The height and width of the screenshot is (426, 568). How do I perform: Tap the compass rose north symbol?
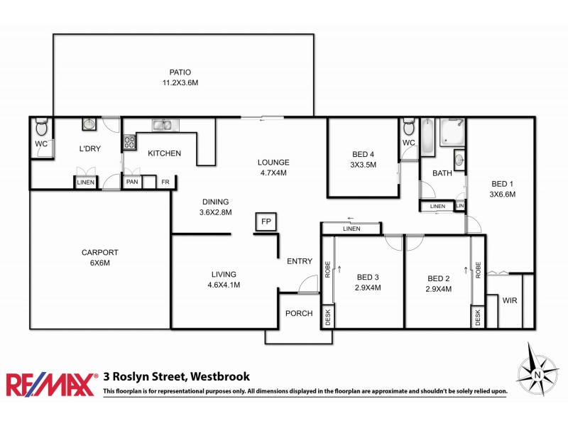click(538, 373)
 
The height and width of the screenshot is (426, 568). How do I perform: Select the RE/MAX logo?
click(50, 384)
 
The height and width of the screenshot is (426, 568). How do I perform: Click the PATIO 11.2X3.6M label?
click(180, 77)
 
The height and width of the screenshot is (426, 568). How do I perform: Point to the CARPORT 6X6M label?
click(99, 257)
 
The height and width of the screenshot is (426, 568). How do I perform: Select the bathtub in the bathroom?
click(427, 138)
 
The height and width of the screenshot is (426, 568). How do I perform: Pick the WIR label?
click(510, 300)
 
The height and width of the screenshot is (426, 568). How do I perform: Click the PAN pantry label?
click(132, 182)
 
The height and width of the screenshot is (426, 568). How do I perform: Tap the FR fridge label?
click(165, 182)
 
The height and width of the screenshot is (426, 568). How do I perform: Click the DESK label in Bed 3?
click(328, 316)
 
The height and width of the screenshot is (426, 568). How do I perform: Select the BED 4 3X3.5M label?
click(364, 160)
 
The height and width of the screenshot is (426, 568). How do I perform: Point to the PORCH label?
click(299, 313)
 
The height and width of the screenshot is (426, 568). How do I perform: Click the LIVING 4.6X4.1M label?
click(224, 279)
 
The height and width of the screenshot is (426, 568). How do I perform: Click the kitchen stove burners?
click(130, 142)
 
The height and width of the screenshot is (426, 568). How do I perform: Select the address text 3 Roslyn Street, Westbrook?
click(176, 377)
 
